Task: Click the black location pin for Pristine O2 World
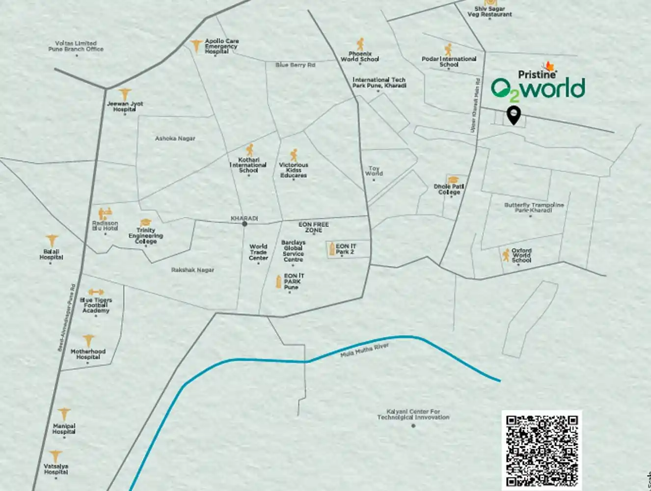click(514, 115)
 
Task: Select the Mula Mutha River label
click(364, 350)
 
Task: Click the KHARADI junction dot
click(244, 224)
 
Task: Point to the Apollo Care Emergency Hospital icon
click(196, 46)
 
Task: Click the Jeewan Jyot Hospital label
click(125, 107)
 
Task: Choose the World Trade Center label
click(258, 252)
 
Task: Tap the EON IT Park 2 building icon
click(332, 248)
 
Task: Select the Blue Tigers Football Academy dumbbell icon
click(96, 292)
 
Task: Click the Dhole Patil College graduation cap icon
click(452, 180)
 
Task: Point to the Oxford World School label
click(521, 255)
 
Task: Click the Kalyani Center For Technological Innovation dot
click(413, 426)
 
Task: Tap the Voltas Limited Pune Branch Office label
click(76, 46)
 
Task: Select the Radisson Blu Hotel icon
click(105, 214)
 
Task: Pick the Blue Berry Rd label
click(295, 65)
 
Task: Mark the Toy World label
click(374, 171)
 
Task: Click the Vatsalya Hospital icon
click(56, 457)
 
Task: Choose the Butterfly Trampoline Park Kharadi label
click(534, 207)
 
